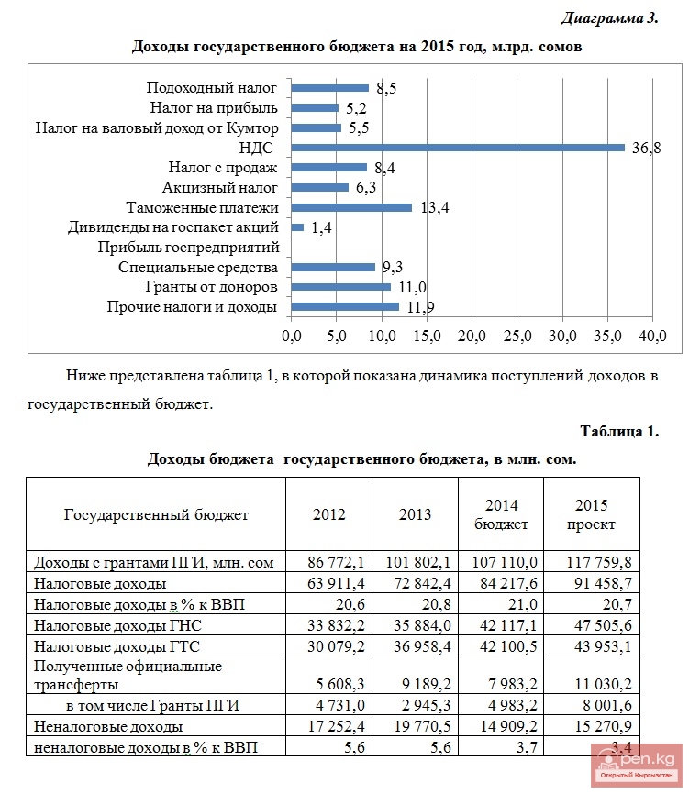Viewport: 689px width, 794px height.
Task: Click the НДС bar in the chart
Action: tap(457, 147)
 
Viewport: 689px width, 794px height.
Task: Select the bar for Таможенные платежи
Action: tap(351, 207)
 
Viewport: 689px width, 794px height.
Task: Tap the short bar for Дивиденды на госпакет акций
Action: tap(297, 227)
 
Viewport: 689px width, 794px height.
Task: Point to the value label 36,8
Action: tap(647, 148)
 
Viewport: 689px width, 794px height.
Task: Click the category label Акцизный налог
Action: tap(219, 188)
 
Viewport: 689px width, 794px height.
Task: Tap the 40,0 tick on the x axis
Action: tap(651, 336)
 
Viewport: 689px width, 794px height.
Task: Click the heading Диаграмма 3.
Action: tap(609, 19)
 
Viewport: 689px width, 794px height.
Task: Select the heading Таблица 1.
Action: tap(619, 431)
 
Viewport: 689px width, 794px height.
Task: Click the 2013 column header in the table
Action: tap(415, 514)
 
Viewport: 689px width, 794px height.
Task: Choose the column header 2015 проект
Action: tap(592, 514)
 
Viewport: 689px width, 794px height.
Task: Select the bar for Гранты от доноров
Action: tap(340, 287)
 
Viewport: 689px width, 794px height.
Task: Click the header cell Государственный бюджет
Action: tap(156, 514)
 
